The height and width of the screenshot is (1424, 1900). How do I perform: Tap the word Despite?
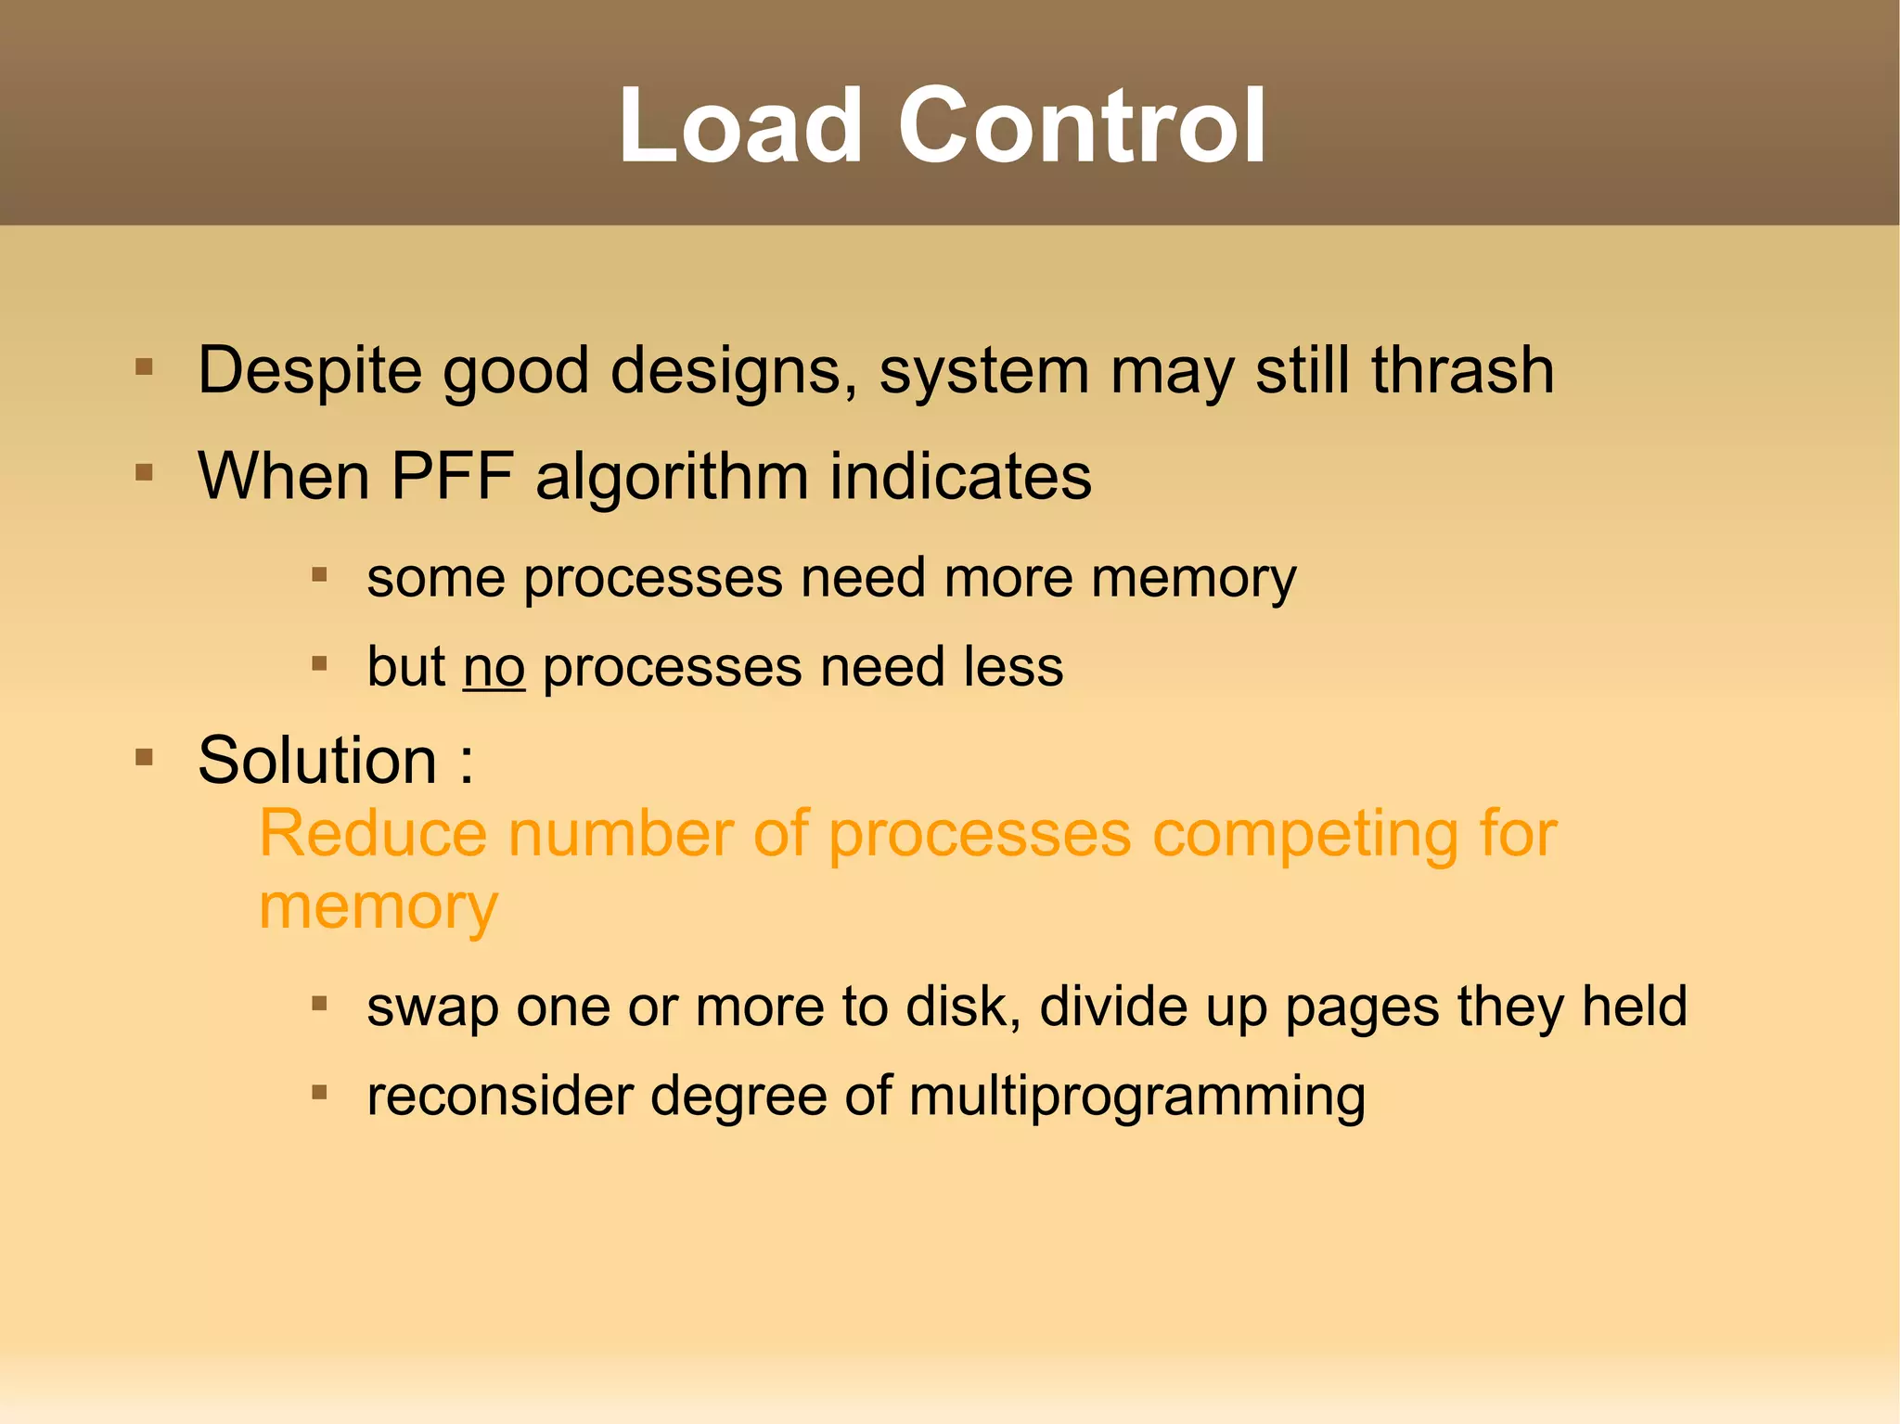[310, 371]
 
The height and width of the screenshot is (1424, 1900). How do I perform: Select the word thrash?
[1462, 371]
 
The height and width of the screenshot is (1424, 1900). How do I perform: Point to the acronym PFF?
[452, 477]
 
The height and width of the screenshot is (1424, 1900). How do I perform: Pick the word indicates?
[960, 477]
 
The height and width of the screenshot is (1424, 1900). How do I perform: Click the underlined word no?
[494, 667]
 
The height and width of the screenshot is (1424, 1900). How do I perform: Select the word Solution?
[317, 761]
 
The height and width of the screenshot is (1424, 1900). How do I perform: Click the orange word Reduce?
[372, 833]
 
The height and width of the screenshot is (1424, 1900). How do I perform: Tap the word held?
[1634, 1007]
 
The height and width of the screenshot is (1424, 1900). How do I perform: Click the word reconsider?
[500, 1097]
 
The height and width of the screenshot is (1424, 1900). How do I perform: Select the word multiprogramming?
[1136, 1097]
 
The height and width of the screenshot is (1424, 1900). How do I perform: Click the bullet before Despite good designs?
[144, 367]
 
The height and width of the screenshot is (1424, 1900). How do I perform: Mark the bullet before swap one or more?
[320, 1003]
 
